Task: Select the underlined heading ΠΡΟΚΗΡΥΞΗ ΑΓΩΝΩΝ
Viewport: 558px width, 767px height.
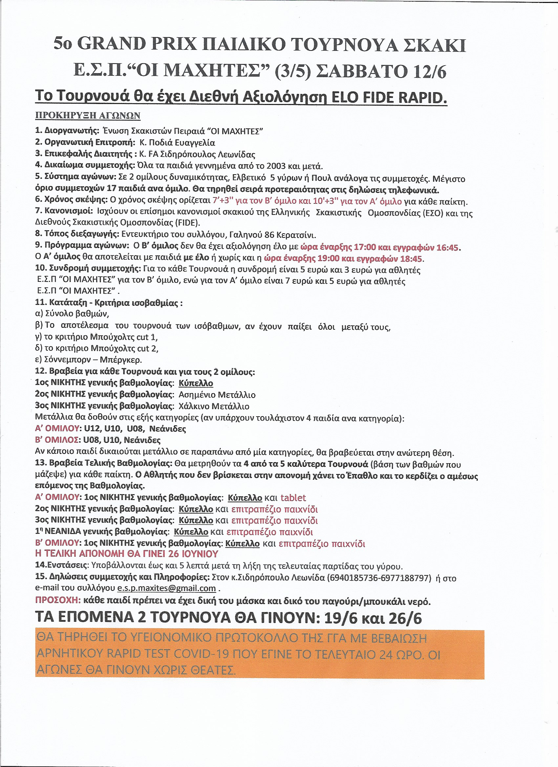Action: (88, 116)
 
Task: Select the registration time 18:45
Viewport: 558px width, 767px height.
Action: (411, 259)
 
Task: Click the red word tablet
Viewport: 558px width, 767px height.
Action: (293, 498)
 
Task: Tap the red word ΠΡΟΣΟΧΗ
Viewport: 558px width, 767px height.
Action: (58, 601)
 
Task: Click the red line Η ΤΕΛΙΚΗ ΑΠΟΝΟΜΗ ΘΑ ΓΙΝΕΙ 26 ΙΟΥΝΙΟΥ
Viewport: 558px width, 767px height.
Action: (127, 554)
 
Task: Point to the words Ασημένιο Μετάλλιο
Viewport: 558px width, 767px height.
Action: (217, 395)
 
